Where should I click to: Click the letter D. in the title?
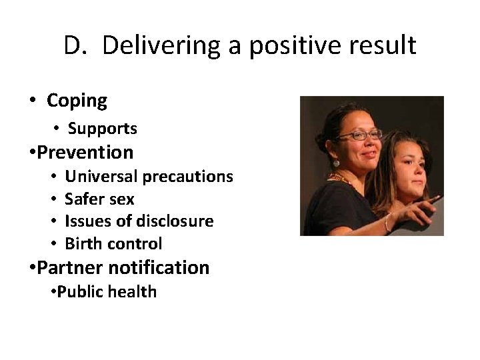(x=77, y=46)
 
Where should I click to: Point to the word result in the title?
(x=384, y=46)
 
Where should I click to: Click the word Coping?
(x=77, y=101)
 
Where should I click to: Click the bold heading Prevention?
(x=85, y=152)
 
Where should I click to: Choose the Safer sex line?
(x=99, y=199)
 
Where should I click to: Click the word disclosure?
(x=177, y=221)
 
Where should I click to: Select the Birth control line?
(x=113, y=243)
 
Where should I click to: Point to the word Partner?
(x=67, y=267)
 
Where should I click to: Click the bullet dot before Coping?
(x=32, y=101)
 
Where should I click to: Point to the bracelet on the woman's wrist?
(x=388, y=222)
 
